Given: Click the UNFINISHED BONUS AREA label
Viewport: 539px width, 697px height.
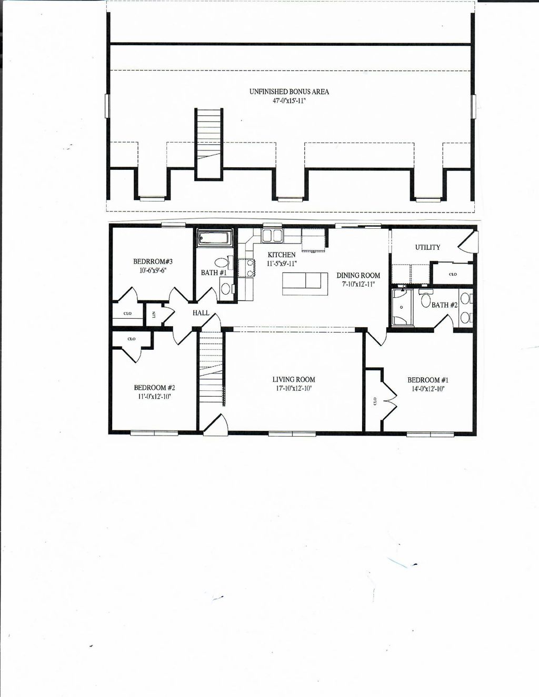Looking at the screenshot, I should pos(289,92).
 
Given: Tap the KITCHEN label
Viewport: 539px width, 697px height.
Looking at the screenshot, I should pos(282,255).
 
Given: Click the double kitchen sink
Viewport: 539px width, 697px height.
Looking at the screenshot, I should pos(273,235).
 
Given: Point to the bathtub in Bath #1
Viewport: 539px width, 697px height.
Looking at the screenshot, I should pos(215,238).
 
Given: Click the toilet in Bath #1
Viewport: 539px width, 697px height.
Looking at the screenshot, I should pos(222,262).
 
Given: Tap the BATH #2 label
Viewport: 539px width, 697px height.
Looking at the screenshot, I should pos(444,305).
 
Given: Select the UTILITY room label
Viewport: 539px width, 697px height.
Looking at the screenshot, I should pos(427,247).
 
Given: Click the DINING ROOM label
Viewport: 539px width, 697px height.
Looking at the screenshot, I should pos(358,276).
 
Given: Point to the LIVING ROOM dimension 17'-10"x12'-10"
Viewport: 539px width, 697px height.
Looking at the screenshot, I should pos(294,388).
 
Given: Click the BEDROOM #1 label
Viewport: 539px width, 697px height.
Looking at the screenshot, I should pos(427,380).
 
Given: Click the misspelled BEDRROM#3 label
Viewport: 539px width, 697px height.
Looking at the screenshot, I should pos(153,261).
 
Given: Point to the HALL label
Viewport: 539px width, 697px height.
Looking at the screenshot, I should pos(201,313).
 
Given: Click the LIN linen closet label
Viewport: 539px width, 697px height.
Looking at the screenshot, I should pos(154,315).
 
